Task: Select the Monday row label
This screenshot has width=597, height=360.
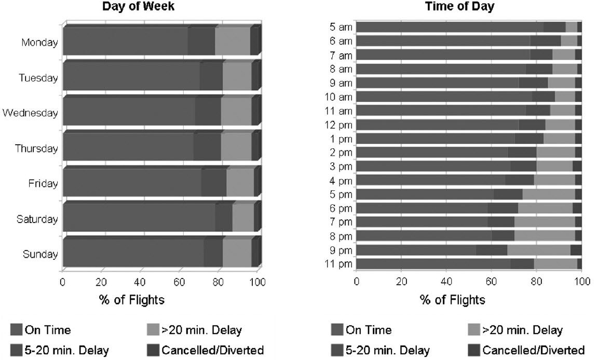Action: [x=39, y=43]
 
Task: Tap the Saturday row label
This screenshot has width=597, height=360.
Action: [x=37, y=219]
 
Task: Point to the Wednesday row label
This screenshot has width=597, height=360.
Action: [x=30, y=113]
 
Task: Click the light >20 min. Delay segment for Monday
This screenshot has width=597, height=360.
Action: [x=233, y=41]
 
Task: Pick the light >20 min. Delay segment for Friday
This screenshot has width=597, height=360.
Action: [x=240, y=183]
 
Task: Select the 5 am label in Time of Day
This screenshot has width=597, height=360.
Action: [x=341, y=27]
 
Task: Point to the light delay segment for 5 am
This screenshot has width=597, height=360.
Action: [x=571, y=27]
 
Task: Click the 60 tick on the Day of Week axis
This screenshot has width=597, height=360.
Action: [x=180, y=282]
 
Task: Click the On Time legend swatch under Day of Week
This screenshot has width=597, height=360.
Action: [x=17, y=330]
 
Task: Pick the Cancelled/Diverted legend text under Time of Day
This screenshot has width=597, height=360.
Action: [x=534, y=350]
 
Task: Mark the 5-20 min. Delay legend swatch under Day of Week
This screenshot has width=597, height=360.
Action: [x=17, y=350]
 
